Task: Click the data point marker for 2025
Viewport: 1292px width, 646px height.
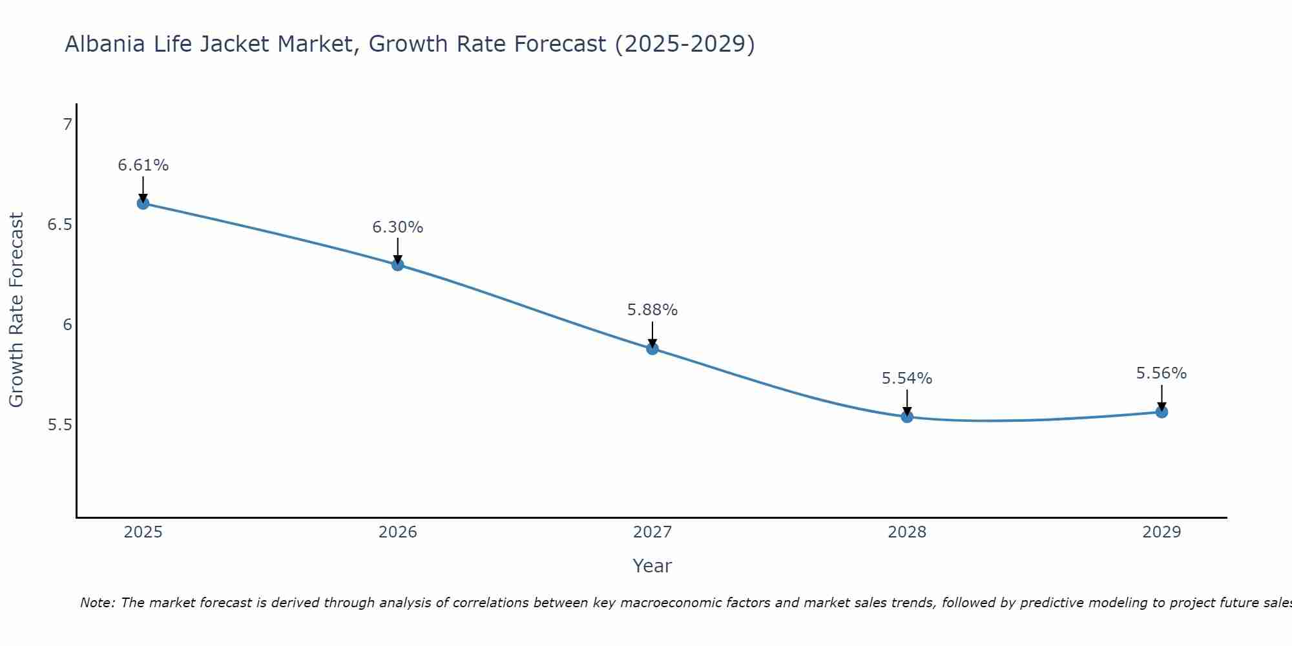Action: tap(143, 203)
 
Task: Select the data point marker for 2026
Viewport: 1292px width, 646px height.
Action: tap(398, 265)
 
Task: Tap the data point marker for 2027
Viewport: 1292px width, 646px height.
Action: tap(652, 349)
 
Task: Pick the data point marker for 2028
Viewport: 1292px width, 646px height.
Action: tap(907, 417)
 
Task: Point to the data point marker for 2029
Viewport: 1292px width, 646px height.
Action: tap(1162, 412)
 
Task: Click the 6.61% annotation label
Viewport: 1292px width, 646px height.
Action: tap(143, 165)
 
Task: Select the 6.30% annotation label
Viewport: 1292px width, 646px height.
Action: tap(398, 227)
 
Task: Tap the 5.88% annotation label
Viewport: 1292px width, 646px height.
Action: tap(652, 310)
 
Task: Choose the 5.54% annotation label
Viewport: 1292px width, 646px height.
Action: tap(907, 379)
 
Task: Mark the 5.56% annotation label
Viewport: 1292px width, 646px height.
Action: tap(1162, 373)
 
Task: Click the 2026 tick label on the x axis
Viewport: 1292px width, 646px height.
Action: tap(398, 532)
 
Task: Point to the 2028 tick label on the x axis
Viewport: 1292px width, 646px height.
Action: tap(907, 532)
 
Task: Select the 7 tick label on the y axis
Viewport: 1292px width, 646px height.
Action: tap(67, 125)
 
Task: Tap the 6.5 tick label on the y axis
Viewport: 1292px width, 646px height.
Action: tap(60, 225)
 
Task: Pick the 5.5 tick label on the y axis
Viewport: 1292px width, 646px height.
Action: tap(60, 425)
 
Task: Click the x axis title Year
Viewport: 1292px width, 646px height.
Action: tap(652, 566)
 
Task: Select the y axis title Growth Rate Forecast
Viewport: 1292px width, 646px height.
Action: tap(16, 310)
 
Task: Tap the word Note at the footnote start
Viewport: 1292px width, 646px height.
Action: tap(97, 603)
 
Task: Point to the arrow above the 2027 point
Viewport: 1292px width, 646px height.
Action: tap(652, 335)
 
